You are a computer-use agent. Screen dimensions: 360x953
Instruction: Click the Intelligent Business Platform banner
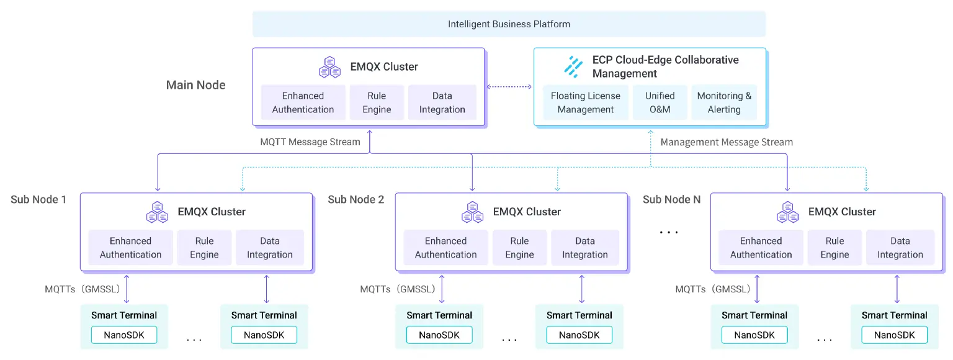[x=509, y=24]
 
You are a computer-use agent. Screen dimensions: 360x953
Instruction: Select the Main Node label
[x=195, y=85]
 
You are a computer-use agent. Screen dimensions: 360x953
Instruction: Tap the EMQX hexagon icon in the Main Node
[x=329, y=66]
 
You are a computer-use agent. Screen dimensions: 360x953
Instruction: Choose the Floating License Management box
[x=585, y=102]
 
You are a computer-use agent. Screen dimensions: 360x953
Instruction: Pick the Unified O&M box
[x=660, y=102]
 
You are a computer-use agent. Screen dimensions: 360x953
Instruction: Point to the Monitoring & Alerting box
[x=724, y=102]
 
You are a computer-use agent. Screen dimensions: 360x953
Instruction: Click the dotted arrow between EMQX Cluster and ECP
[x=509, y=87]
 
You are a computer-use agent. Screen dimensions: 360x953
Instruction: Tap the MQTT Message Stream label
[x=310, y=142]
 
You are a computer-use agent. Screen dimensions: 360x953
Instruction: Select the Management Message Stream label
[x=727, y=142]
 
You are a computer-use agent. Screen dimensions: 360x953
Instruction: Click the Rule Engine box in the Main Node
[x=377, y=102]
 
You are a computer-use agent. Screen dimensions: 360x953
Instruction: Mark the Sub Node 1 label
[x=38, y=199]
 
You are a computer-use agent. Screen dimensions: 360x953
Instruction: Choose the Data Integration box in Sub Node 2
[x=585, y=248]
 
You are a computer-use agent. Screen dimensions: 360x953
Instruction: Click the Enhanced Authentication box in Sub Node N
[x=761, y=248]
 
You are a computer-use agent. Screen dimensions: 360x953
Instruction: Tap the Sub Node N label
[x=671, y=199]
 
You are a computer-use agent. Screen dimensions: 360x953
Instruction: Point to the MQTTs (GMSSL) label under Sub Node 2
[x=398, y=289]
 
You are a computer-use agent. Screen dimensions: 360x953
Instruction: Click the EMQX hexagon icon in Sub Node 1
[x=157, y=212]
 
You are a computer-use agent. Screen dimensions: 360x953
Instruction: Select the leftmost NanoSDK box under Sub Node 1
[x=124, y=335]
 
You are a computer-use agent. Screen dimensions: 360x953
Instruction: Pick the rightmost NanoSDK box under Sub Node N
[x=894, y=335]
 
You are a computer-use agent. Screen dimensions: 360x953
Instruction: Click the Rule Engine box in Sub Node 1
[x=204, y=248]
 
